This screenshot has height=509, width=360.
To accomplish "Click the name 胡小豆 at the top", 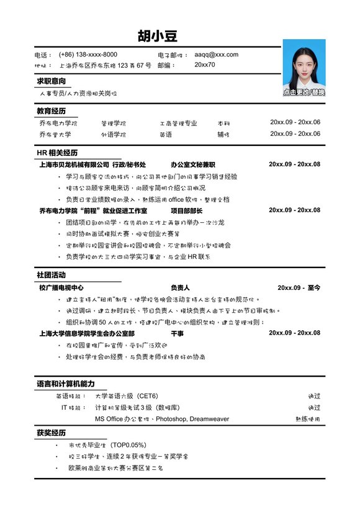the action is [x=158, y=35].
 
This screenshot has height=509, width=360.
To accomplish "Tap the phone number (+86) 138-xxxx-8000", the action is [x=88, y=55].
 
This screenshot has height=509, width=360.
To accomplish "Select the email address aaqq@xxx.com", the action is [x=216, y=55].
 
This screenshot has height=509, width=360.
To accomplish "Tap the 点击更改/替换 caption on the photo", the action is [x=304, y=92].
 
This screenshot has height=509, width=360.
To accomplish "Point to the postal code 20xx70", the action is [x=205, y=65].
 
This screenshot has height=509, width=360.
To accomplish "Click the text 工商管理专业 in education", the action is [x=178, y=123].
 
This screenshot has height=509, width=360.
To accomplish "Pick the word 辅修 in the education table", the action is [x=223, y=134].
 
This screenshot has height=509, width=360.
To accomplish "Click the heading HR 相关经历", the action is [x=57, y=153].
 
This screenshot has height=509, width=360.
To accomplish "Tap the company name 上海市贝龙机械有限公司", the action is [x=74, y=164].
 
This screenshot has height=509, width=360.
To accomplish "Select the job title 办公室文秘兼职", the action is [x=192, y=164].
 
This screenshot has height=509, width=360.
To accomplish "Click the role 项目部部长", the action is [x=187, y=210].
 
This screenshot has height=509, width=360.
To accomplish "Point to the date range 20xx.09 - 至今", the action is [x=299, y=288].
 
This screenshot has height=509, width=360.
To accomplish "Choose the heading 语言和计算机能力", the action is [x=65, y=384].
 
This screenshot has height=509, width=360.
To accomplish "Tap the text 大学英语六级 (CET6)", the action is [x=126, y=396].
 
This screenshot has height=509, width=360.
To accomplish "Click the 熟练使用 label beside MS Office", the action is [x=308, y=419].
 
